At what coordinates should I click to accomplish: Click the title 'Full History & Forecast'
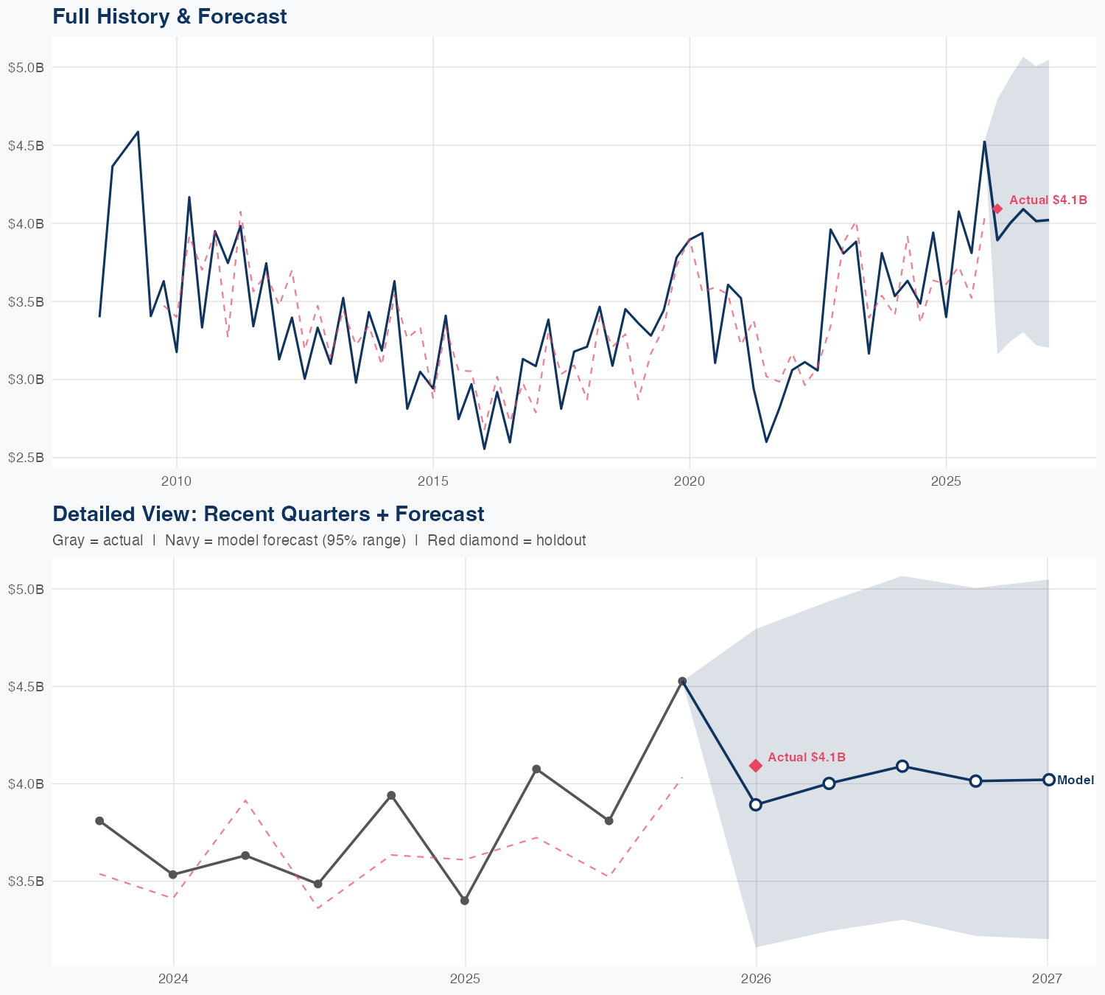169,16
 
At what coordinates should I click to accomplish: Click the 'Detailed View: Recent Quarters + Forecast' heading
268,514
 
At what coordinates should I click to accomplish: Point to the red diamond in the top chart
997,209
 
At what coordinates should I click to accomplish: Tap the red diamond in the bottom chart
756,766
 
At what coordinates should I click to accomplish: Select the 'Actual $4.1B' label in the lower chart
807,757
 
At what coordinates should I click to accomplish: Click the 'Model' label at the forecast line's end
1076,780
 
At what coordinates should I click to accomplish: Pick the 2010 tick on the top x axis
176,482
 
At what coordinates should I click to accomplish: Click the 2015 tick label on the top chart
432,482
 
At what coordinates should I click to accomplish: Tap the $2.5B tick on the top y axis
26,458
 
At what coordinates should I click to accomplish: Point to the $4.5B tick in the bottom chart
26,686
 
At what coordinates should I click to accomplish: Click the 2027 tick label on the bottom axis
1047,979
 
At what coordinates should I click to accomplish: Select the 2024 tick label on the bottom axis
174,979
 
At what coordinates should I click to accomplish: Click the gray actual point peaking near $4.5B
682,681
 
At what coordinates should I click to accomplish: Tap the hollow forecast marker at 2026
756,805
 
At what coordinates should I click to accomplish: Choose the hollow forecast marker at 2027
1048,780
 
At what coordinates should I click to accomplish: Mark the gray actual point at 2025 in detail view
465,901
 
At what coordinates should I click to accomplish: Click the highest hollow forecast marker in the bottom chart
902,766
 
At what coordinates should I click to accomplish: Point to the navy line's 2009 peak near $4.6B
138,132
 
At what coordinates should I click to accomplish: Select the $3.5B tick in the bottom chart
26,881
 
